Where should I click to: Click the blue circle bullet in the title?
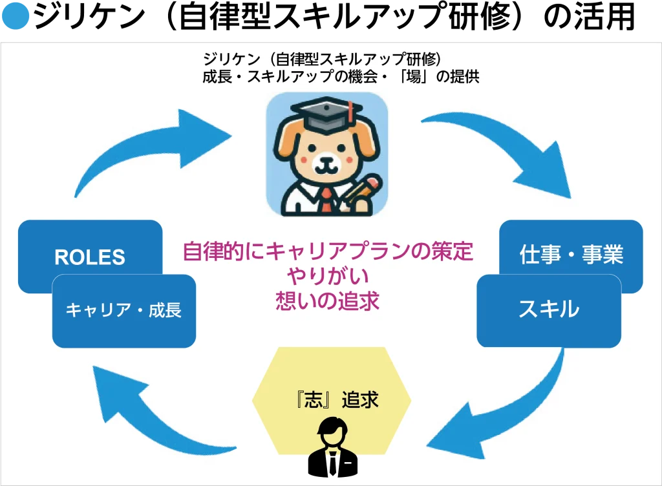click(16, 16)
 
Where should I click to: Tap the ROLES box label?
click(90, 257)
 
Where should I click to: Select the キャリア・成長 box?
click(124, 312)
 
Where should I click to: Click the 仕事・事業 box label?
click(571, 255)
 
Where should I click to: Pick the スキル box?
click(549, 311)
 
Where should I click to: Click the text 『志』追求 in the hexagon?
click(337, 399)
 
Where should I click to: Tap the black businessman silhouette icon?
click(333, 447)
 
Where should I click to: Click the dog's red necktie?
click(326, 200)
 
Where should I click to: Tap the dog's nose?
click(326, 161)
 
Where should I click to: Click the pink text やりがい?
click(328, 277)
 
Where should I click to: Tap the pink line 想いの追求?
click(328, 301)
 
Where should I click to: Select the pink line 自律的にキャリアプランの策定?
click(328, 251)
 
